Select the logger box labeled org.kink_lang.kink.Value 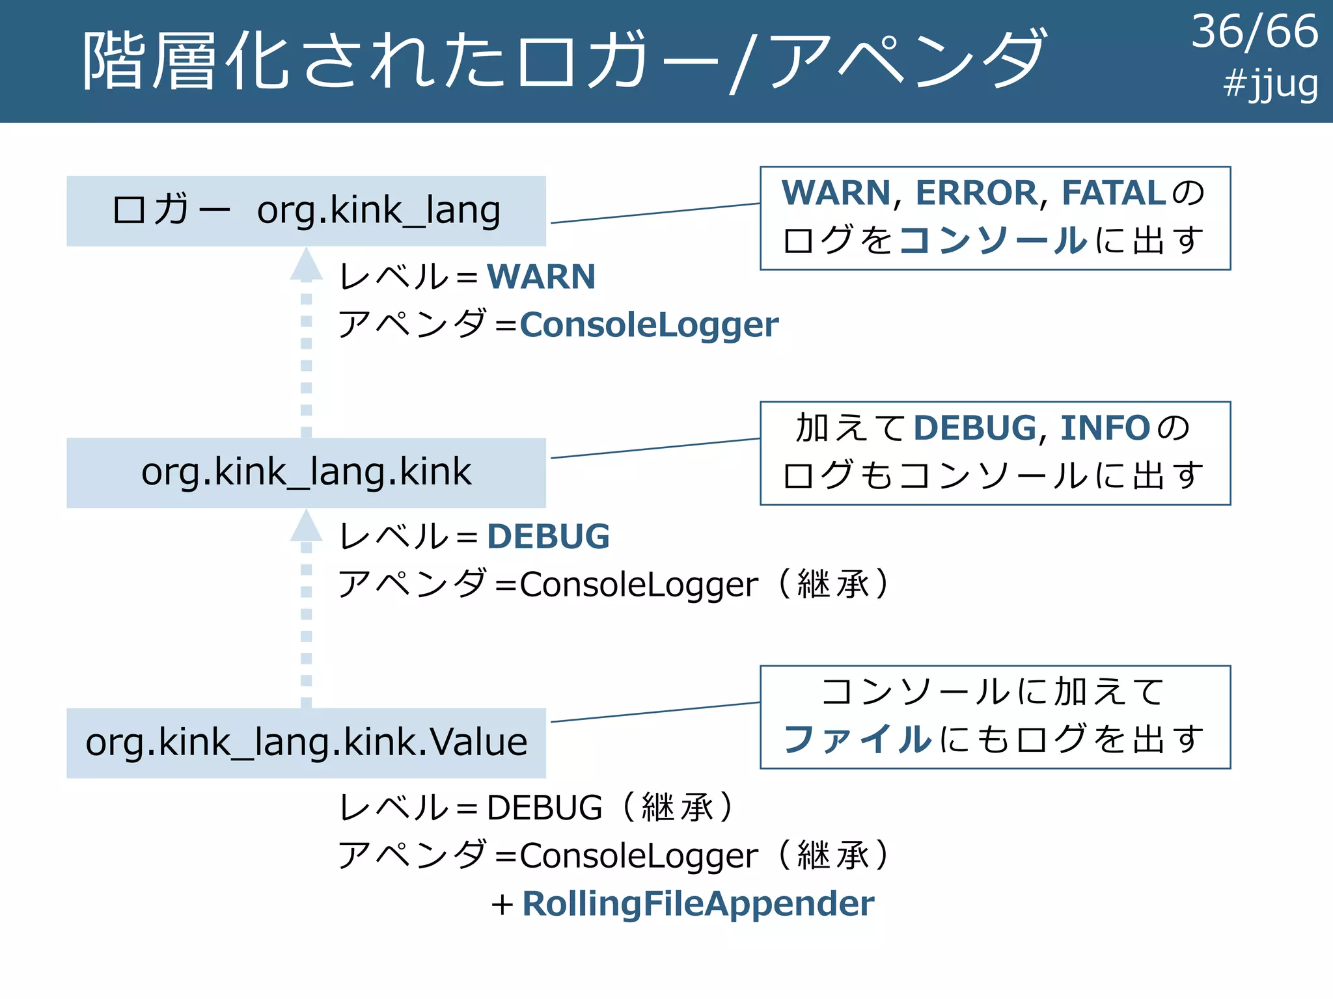click(x=306, y=742)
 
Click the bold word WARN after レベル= click(x=541, y=277)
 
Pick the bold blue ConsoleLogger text click(x=649, y=325)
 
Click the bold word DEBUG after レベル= click(x=548, y=537)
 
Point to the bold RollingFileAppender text click(x=698, y=904)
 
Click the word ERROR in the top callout click(x=976, y=193)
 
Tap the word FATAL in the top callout click(x=1114, y=193)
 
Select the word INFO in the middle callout click(x=1105, y=428)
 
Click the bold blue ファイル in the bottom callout click(x=857, y=739)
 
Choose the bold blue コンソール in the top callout click(x=993, y=240)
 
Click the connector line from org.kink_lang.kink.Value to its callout click(x=655, y=712)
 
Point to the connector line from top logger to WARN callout click(x=655, y=213)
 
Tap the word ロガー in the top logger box click(x=171, y=210)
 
